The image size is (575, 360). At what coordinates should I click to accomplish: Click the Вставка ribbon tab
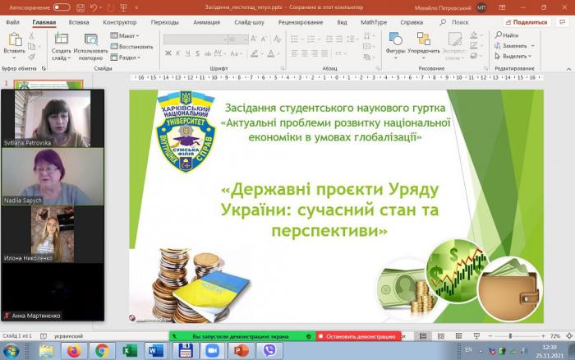pos(79,22)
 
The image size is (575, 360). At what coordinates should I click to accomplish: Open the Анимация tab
pos(207,22)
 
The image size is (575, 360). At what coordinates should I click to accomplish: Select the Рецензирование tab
pos(300,22)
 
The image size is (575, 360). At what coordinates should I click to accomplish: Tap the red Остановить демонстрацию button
pos(359,336)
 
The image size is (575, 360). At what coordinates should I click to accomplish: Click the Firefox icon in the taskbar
pos(73,351)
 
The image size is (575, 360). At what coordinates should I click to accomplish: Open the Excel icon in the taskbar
pos(129,351)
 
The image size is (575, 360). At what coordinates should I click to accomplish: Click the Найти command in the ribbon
pos(509,35)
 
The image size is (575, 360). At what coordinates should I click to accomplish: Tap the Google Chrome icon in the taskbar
pos(101,351)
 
